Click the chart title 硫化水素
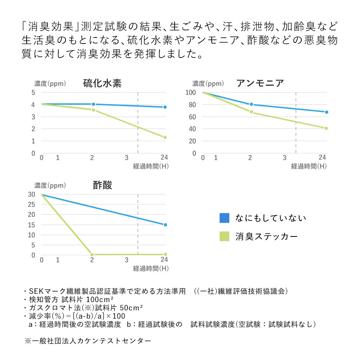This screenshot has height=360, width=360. tap(102, 84)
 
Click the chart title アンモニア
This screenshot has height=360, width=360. tap(260, 84)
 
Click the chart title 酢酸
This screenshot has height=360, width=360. tap(103, 185)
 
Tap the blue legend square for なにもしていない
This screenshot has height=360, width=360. tap(224, 218)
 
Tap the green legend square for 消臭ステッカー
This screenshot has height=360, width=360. tap(224, 237)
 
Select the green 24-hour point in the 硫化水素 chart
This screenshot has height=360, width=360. tap(165, 137)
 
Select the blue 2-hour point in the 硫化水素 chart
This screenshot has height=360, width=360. tap(93, 104)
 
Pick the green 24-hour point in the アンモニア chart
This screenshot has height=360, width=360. tap(326, 128)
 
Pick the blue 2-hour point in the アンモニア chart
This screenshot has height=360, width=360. tap(251, 104)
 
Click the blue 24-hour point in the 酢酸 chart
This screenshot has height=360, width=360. tap(165, 225)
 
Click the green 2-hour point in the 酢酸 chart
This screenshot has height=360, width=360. tap(92, 255)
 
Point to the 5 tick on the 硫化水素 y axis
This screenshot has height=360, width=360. tap(33, 93)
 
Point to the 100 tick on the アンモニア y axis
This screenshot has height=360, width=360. tap(190, 93)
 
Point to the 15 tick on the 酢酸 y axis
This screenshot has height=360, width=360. tap(32, 225)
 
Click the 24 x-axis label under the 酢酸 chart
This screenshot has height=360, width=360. tap(165, 260)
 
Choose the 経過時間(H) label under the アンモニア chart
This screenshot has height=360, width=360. tap(309, 166)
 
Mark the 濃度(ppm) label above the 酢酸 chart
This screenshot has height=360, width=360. tap(50, 186)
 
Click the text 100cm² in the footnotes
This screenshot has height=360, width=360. tap(98, 299)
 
